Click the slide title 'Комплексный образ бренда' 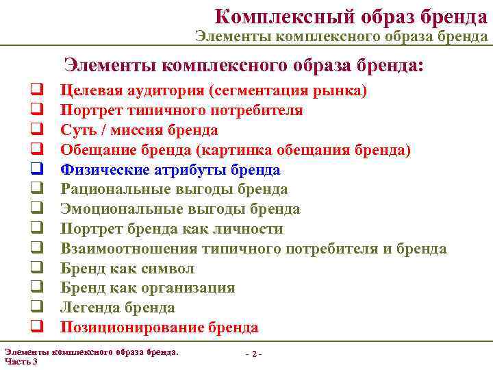click(351, 15)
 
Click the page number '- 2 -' click(253, 354)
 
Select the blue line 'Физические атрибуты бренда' click(170, 170)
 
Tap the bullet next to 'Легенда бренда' click(32, 308)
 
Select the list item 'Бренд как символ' click(127, 269)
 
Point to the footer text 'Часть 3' click(21, 361)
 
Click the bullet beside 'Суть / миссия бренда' click(32, 129)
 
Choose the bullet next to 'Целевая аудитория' click(32, 90)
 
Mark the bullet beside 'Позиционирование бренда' click(32, 328)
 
